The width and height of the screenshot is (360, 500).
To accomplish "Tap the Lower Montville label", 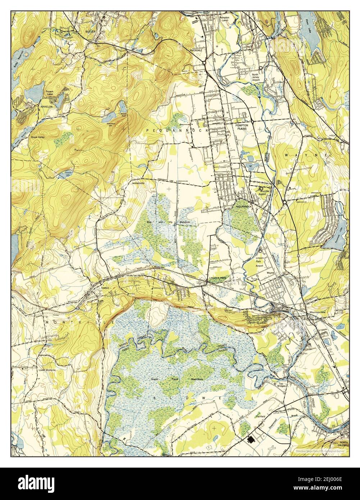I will (48, 369).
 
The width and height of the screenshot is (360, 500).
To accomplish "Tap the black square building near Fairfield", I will (251, 439).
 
